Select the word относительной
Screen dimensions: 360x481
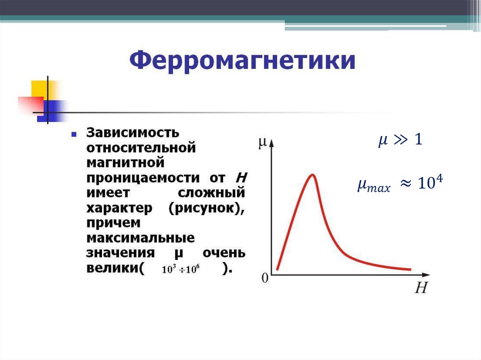tap(140, 147)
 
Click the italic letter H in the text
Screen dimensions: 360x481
tap(241, 178)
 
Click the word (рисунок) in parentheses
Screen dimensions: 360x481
tap(206, 208)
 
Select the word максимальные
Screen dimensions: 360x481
tap(140, 238)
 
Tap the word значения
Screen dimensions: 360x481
tap(120, 253)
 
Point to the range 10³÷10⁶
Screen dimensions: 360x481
tap(181, 270)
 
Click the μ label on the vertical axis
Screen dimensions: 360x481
tap(263, 142)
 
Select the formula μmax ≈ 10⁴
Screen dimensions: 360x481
tap(401, 185)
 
